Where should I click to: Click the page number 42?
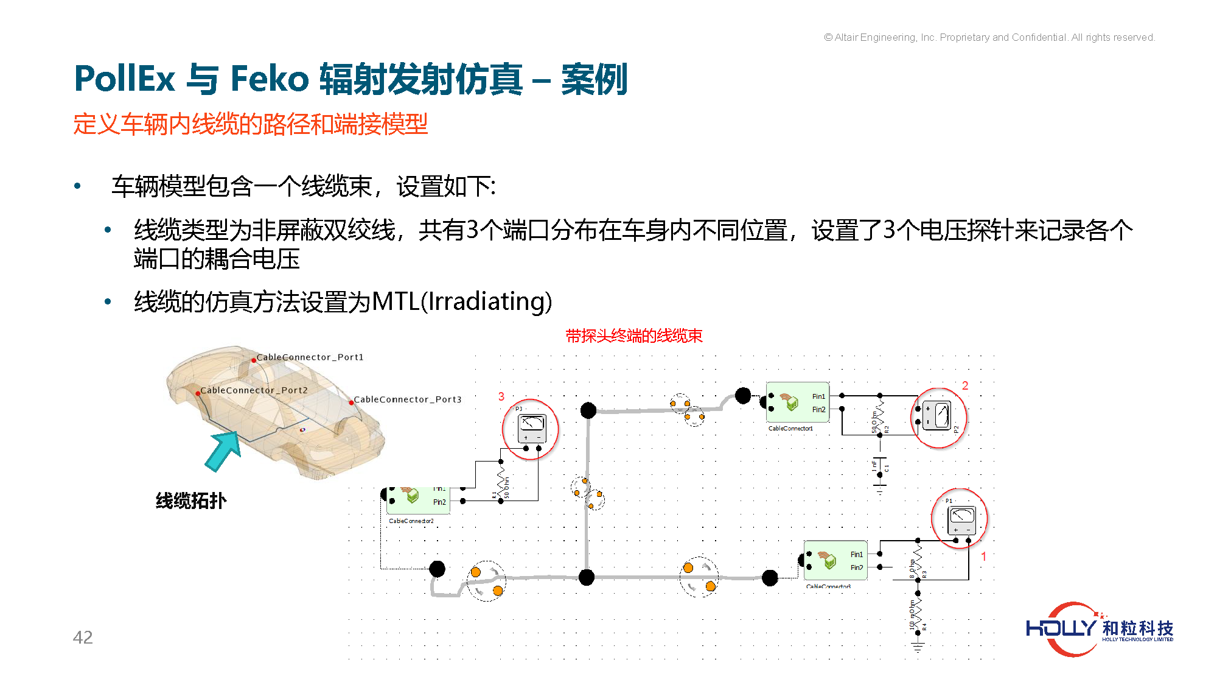pos(83,637)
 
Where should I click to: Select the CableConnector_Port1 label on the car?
pos(310,357)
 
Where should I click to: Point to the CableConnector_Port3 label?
pos(407,399)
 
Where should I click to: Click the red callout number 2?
pos(965,385)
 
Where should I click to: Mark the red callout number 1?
pos(983,557)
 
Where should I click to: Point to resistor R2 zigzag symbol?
pos(880,414)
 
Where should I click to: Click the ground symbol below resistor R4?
pos(918,646)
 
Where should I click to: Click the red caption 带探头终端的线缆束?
pos(633,336)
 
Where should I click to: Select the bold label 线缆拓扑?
pos(191,501)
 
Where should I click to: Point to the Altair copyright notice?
pos(989,38)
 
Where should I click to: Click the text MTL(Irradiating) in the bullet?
pos(461,301)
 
